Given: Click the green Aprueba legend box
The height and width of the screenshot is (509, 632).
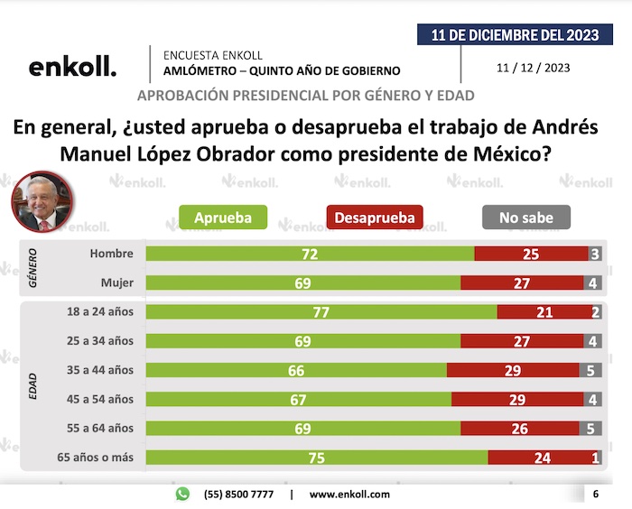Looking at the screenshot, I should [x=221, y=217].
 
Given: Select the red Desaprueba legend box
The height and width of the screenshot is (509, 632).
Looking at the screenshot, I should [x=374, y=217].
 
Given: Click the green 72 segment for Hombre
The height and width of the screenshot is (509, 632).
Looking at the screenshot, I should [x=310, y=255].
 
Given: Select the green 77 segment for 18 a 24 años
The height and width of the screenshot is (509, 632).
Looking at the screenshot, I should [x=321, y=312].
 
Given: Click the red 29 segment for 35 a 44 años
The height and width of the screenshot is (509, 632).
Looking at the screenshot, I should [x=512, y=370].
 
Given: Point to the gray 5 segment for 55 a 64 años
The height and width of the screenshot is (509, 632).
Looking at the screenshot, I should [x=590, y=428].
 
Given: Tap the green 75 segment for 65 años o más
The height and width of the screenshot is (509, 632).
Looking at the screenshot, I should [x=317, y=458].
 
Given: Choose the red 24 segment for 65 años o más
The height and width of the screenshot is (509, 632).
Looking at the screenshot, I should [x=542, y=458].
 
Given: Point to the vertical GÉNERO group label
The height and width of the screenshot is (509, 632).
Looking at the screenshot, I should [x=34, y=268].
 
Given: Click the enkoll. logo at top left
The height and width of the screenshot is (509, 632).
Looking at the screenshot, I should [x=72, y=67].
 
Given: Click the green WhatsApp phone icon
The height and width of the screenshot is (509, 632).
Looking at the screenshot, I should [x=183, y=494].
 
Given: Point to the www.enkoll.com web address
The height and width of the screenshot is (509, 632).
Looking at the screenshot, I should [x=349, y=495].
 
